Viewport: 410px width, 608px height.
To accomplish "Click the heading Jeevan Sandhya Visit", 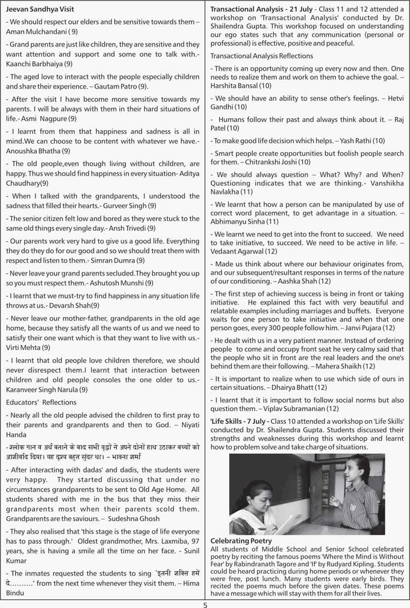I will click(x=40, y=9).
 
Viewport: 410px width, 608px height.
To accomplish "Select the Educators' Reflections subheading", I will click(x=41, y=402).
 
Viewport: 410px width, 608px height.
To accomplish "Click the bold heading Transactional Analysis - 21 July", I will click(x=257, y=9).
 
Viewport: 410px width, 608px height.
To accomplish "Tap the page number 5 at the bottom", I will click(x=205, y=604).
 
